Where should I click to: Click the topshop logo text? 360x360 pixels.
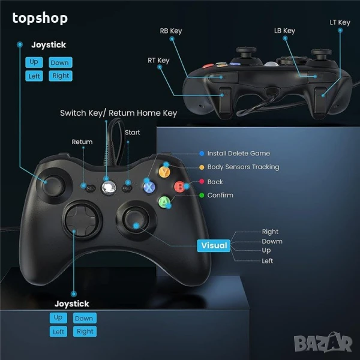pyautogui.click(x=40, y=18)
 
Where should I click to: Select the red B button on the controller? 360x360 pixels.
pyautogui.click(x=179, y=186)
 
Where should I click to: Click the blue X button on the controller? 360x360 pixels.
pyautogui.click(x=149, y=187)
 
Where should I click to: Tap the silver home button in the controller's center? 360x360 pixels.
pyautogui.click(x=109, y=187)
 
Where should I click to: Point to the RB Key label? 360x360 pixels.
pyautogui.click(x=171, y=31)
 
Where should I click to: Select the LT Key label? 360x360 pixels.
pyautogui.click(x=340, y=22)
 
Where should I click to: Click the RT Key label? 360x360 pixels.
pyautogui.click(x=158, y=60)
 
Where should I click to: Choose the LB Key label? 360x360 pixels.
pyautogui.click(x=284, y=31)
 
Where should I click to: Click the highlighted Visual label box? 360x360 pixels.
pyautogui.click(x=214, y=245)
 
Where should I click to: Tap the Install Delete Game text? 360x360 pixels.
pyautogui.click(x=239, y=154)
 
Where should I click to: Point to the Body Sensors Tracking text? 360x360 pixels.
pyautogui.click(x=243, y=167)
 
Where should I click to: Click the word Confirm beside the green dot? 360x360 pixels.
pyautogui.click(x=220, y=195)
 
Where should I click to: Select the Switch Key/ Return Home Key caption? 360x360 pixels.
pyautogui.click(x=118, y=113)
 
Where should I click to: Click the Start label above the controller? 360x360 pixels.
pyautogui.click(x=133, y=132)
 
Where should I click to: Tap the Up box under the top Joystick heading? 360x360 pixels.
pyautogui.click(x=34, y=62)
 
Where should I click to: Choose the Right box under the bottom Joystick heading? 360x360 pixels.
pyautogui.click(x=85, y=331)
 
